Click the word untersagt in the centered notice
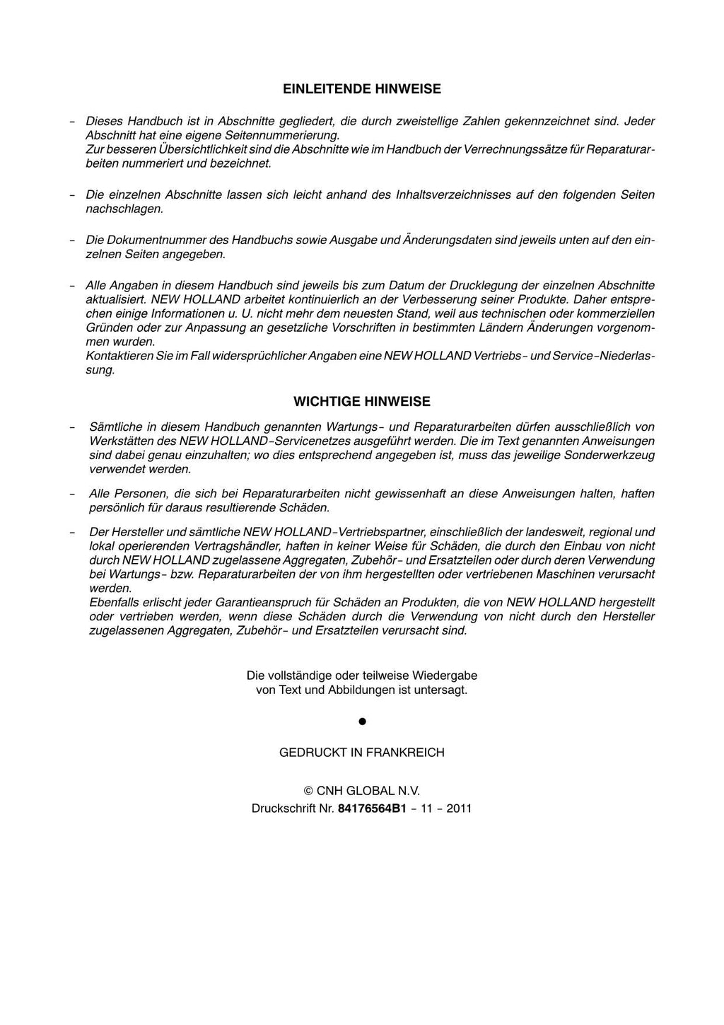click(443, 690)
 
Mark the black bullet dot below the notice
click(361, 722)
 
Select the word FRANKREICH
click(404, 753)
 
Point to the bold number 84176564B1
click(372, 808)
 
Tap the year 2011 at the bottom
click(459, 808)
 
